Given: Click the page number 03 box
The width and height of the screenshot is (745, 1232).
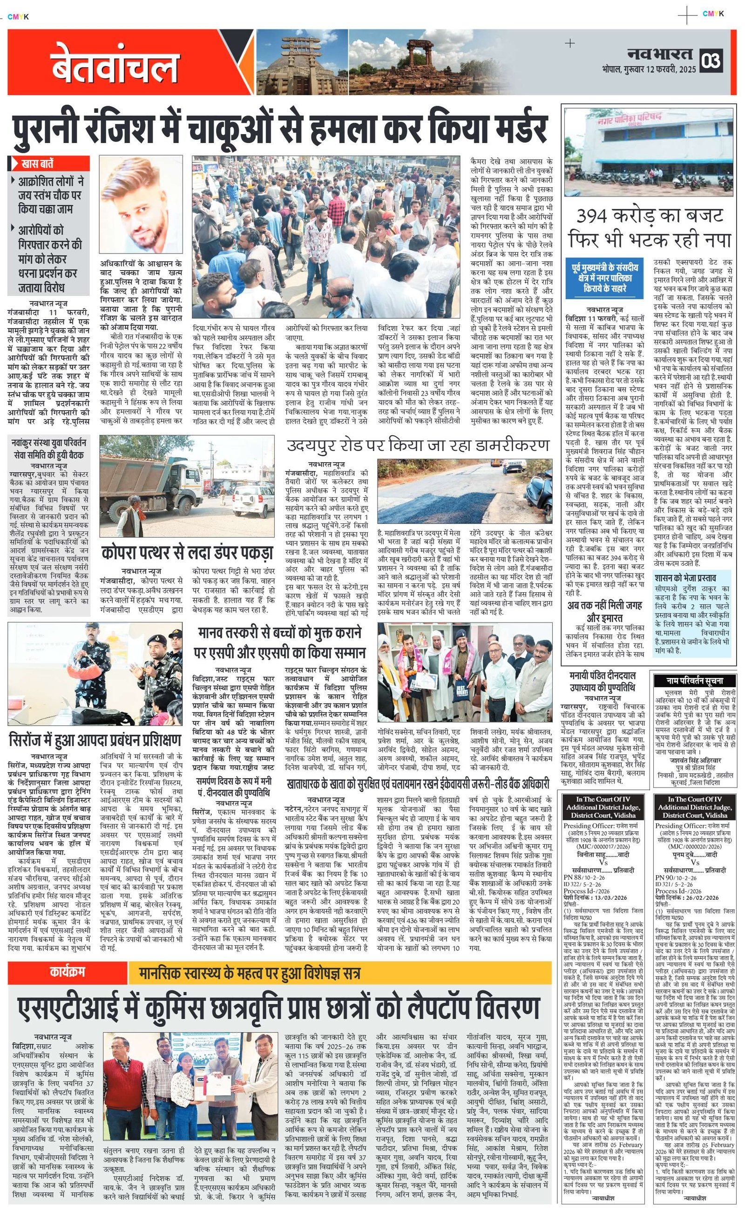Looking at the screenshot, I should pos(711,61).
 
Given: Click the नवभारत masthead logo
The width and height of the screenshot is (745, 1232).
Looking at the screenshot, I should pos(661,54).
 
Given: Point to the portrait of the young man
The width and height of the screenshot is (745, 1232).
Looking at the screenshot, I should pos(141,204).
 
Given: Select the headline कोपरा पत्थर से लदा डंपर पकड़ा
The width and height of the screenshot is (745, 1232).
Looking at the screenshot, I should pos(187,553).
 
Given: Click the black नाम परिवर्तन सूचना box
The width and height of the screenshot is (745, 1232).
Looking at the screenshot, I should pos(695,680).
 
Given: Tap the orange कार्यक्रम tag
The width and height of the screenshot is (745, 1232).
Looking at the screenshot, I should pos(67,972).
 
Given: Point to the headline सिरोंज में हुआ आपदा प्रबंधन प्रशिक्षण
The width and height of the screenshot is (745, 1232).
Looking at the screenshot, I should pos(95,739).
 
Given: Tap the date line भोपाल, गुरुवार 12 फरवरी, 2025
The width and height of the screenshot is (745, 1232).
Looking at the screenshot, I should pos(649,69).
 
